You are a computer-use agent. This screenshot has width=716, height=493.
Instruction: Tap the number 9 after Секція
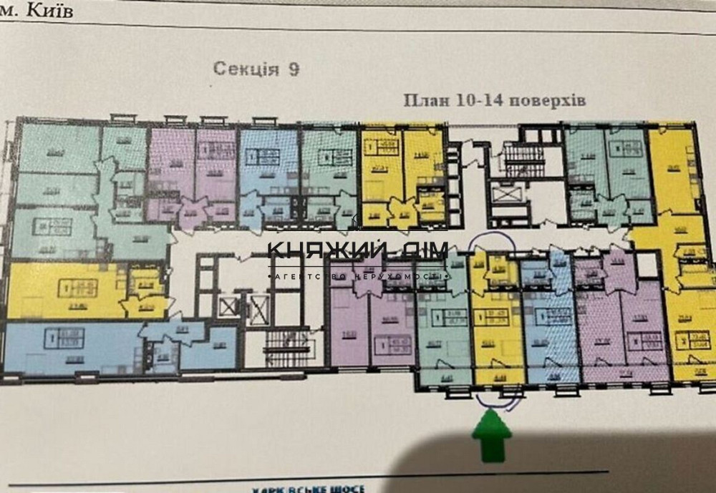pyautogui.click(x=294, y=69)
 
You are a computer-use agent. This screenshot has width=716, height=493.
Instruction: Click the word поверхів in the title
pyautogui.click(x=550, y=101)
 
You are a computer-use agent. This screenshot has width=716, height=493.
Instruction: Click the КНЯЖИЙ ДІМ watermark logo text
pyautogui.click(x=357, y=251)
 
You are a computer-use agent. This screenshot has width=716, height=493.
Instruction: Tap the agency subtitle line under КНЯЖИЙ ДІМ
pyautogui.click(x=357, y=275)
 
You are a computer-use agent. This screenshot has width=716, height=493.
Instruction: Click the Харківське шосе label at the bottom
pyautogui.click(x=308, y=489)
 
